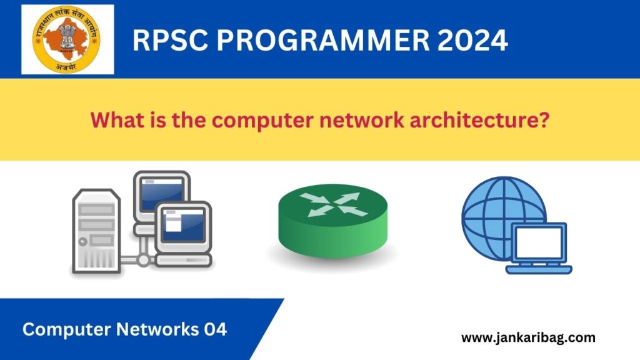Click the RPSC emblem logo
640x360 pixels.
[67, 39]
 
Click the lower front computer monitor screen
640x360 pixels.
[182, 226]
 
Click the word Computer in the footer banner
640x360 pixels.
[62, 329]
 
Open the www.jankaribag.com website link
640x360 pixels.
[528, 338]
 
